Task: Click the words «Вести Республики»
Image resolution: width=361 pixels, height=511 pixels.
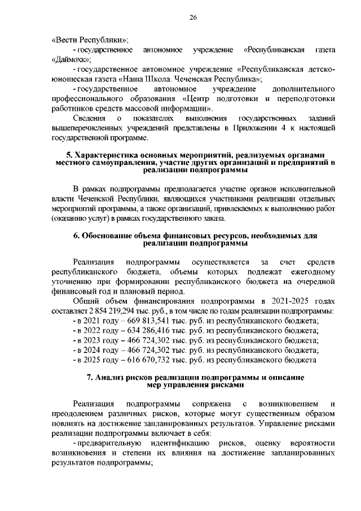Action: click(x=90, y=40)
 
